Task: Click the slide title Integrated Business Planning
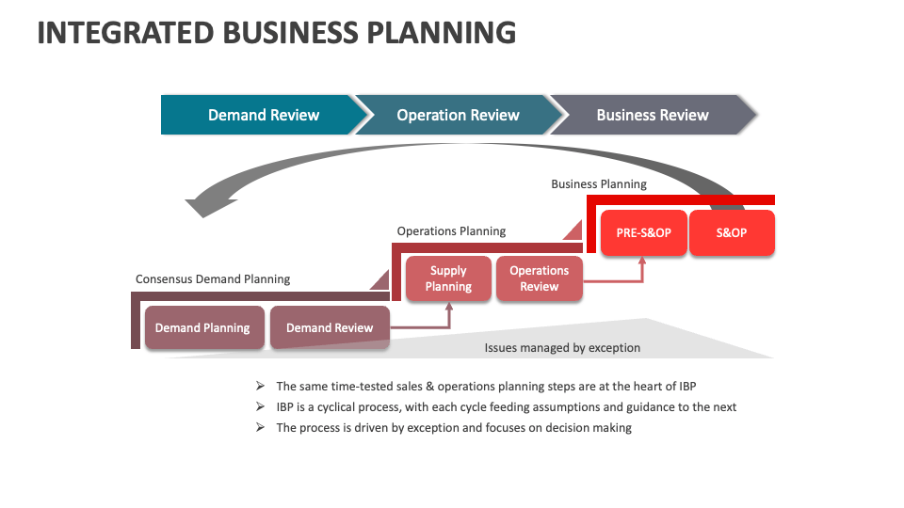point(276,32)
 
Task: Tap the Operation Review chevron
point(458,115)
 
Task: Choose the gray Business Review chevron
point(652,115)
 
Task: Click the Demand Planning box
point(202,328)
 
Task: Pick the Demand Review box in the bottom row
point(330,328)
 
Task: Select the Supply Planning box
point(448,278)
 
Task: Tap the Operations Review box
point(539,278)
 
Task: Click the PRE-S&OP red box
point(644,232)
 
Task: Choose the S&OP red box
point(732,232)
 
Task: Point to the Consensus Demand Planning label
point(213,279)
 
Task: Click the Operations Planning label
point(451,231)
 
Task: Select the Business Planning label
point(599,184)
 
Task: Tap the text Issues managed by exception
point(562,348)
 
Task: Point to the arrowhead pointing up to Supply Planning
point(449,307)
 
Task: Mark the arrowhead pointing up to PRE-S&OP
point(643,261)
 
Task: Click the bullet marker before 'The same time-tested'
point(260,387)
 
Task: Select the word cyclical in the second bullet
point(335,407)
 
